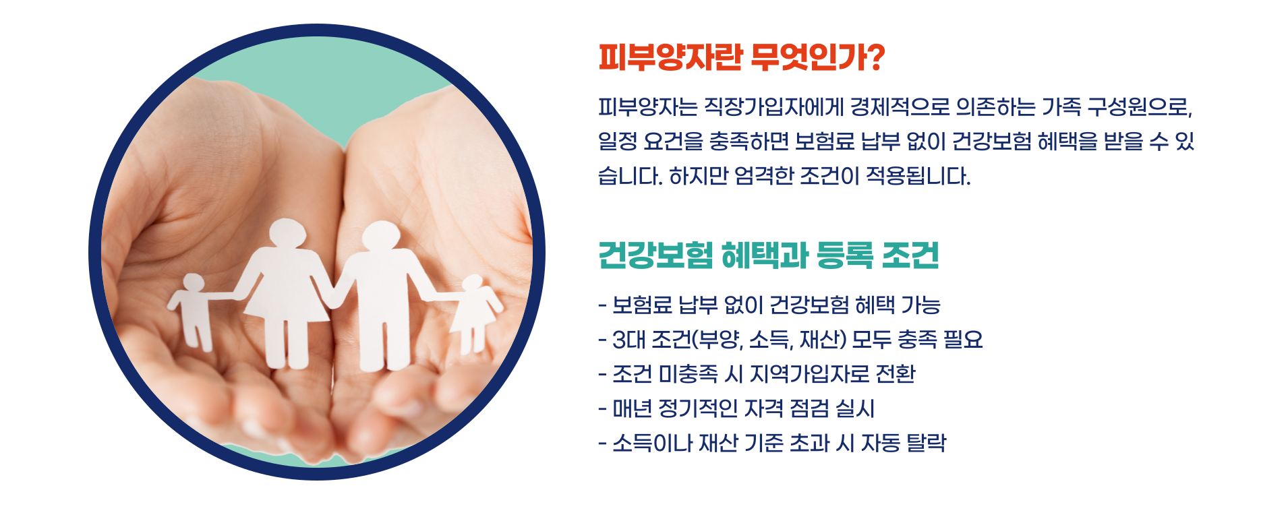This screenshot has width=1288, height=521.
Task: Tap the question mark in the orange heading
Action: click(875, 57)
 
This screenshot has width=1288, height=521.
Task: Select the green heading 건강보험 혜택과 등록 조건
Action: click(769, 255)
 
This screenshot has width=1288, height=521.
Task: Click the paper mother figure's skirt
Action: click(287, 297)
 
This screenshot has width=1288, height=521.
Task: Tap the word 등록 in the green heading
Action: click(844, 255)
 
